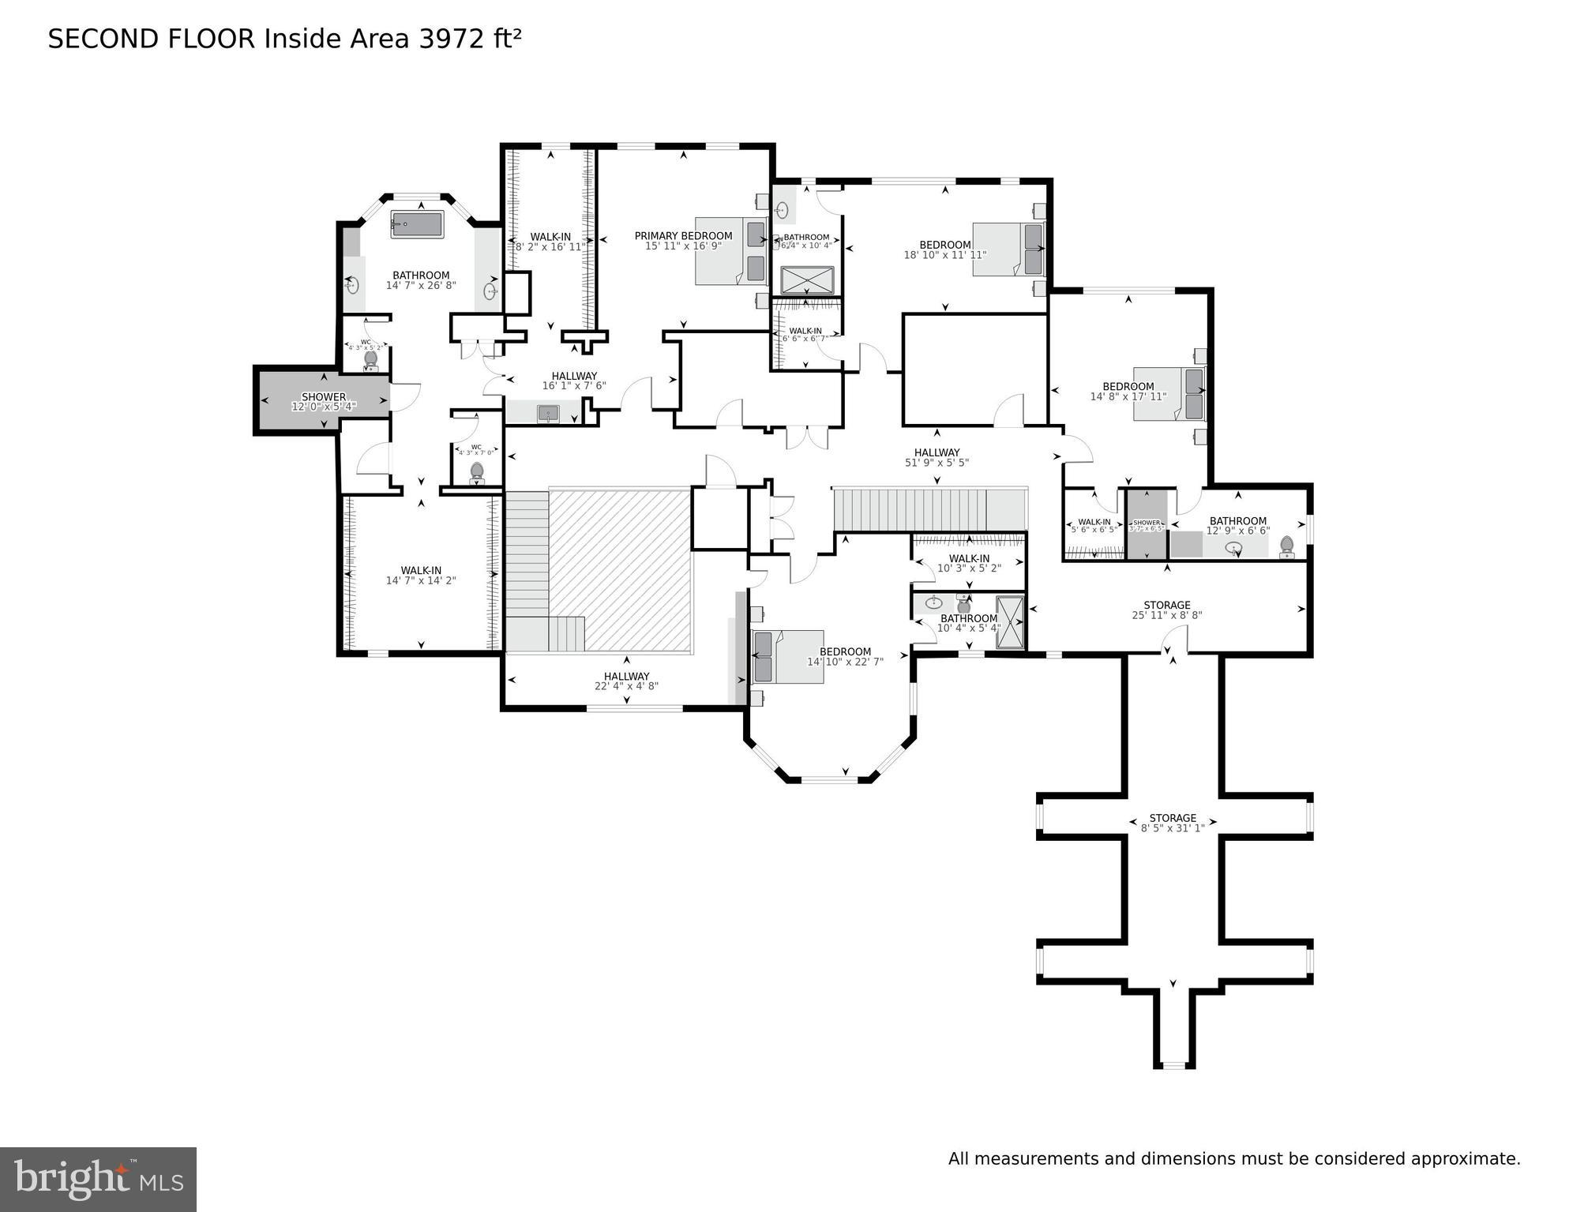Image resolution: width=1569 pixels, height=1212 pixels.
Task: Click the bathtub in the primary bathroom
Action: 417,224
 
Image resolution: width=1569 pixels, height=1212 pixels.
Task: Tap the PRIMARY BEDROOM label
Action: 683,236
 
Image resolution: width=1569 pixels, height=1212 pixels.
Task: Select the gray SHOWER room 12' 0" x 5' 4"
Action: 322,400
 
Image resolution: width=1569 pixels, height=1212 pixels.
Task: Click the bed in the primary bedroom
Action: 730,250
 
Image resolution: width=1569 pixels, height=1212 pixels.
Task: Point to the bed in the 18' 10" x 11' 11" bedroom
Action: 1008,249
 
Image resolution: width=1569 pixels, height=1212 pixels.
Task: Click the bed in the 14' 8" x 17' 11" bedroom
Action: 1169,393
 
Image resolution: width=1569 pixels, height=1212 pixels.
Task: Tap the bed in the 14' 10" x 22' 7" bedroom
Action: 788,656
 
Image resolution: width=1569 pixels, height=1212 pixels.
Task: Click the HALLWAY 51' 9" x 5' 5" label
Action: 937,458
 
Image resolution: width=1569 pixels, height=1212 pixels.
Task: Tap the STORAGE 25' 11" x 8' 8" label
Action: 1166,610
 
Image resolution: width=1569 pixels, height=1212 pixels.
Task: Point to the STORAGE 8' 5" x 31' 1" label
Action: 1172,823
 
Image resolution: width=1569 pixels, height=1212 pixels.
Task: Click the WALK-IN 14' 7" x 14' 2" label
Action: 420,576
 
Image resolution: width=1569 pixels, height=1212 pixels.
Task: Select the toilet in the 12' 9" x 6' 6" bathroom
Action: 1286,546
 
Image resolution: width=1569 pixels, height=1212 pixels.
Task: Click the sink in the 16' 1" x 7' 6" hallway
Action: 547,413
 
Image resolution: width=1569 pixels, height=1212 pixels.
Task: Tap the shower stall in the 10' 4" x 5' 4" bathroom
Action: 1009,622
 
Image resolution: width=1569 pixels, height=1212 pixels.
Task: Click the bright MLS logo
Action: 98,1179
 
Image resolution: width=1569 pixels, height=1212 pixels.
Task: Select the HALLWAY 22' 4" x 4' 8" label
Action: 626,681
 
